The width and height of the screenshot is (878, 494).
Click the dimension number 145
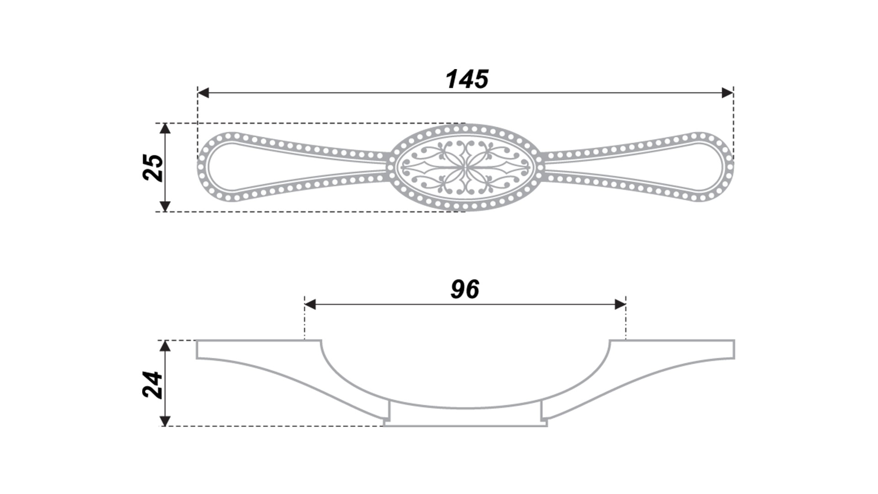pos(467,79)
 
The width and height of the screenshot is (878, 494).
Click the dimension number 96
pos(465,290)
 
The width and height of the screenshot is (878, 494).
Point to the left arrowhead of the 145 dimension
pos(203,93)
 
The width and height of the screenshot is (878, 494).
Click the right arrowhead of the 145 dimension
pos(727,93)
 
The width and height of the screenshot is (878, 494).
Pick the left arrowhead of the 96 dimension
pos(310,304)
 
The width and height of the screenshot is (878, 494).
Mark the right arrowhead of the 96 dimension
pos(620,304)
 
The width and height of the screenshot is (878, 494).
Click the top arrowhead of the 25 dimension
pos(166,129)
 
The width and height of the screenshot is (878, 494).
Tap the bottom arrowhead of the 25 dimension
pos(166,206)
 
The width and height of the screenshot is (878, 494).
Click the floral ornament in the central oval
pos(465,167)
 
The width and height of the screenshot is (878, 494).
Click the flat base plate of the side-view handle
pos(465,424)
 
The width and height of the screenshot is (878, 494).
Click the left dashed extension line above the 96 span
pos(304,322)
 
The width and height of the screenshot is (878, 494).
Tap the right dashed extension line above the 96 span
pos(626,322)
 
